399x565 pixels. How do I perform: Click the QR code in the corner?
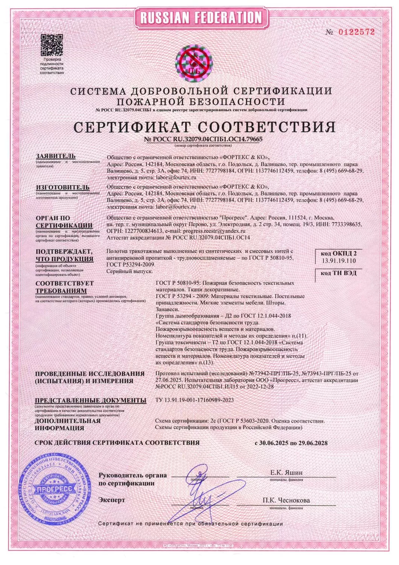click(x=52, y=44)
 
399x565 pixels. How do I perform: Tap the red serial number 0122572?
click(x=356, y=32)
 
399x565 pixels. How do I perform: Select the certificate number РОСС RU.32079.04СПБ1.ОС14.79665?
click(x=203, y=139)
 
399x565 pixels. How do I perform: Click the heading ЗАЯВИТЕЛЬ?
click(x=56, y=156)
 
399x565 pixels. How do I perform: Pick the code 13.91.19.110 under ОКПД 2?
click(x=338, y=260)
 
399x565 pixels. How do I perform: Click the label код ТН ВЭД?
click(x=338, y=273)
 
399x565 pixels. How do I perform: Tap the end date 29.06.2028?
click(x=312, y=443)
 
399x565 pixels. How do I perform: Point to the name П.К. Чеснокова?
click(x=286, y=500)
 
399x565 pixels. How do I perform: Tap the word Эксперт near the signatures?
click(x=111, y=500)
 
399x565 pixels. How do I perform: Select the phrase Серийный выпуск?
click(x=126, y=271)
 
